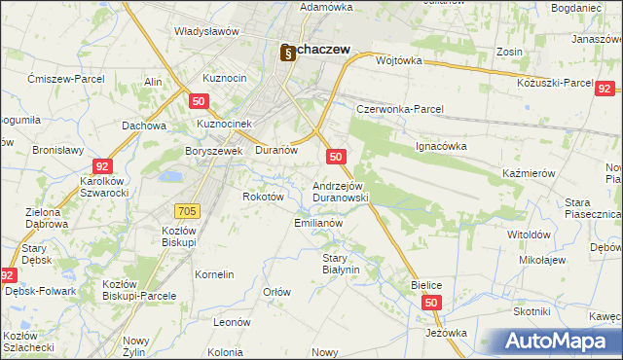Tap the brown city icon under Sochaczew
point(287,55)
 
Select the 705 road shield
point(189,210)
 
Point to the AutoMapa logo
point(558,342)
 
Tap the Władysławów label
point(206,31)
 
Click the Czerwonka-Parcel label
point(399,109)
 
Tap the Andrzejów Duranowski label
point(339,191)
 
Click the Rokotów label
point(262,196)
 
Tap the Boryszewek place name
point(213,151)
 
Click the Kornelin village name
point(214,274)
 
